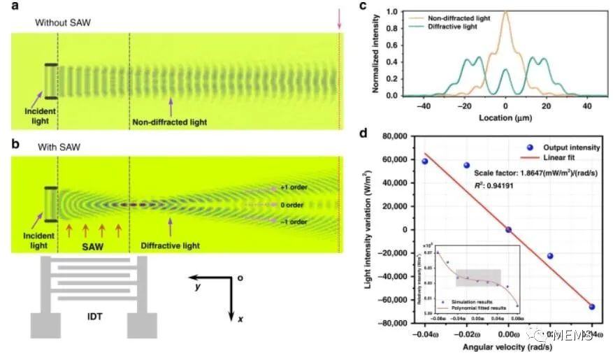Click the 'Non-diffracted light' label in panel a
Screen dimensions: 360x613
(170, 122)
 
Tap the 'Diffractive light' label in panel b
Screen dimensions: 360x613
(171, 245)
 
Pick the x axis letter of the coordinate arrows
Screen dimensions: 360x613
(239, 318)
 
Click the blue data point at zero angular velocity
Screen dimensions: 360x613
(508, 229)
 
